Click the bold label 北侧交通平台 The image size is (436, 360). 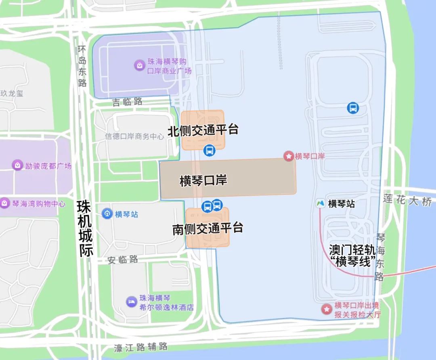click(203, 130)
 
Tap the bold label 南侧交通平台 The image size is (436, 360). click(208, 228)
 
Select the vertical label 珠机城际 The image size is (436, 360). click(86, 228)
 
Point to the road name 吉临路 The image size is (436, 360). click(127, 102)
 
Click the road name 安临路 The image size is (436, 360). click(123, 260)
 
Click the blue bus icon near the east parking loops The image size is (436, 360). click(353, 108)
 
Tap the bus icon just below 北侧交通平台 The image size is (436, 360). click(209, 151)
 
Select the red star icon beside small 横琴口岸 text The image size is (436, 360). click(289, 156)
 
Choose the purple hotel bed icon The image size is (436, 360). click(131, 302)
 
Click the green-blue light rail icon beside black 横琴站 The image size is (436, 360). click(321, 204)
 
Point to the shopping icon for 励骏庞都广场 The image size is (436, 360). click(17, 165)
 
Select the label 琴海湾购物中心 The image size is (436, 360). click(38, 204)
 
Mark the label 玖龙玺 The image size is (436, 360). click(12, 93)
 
